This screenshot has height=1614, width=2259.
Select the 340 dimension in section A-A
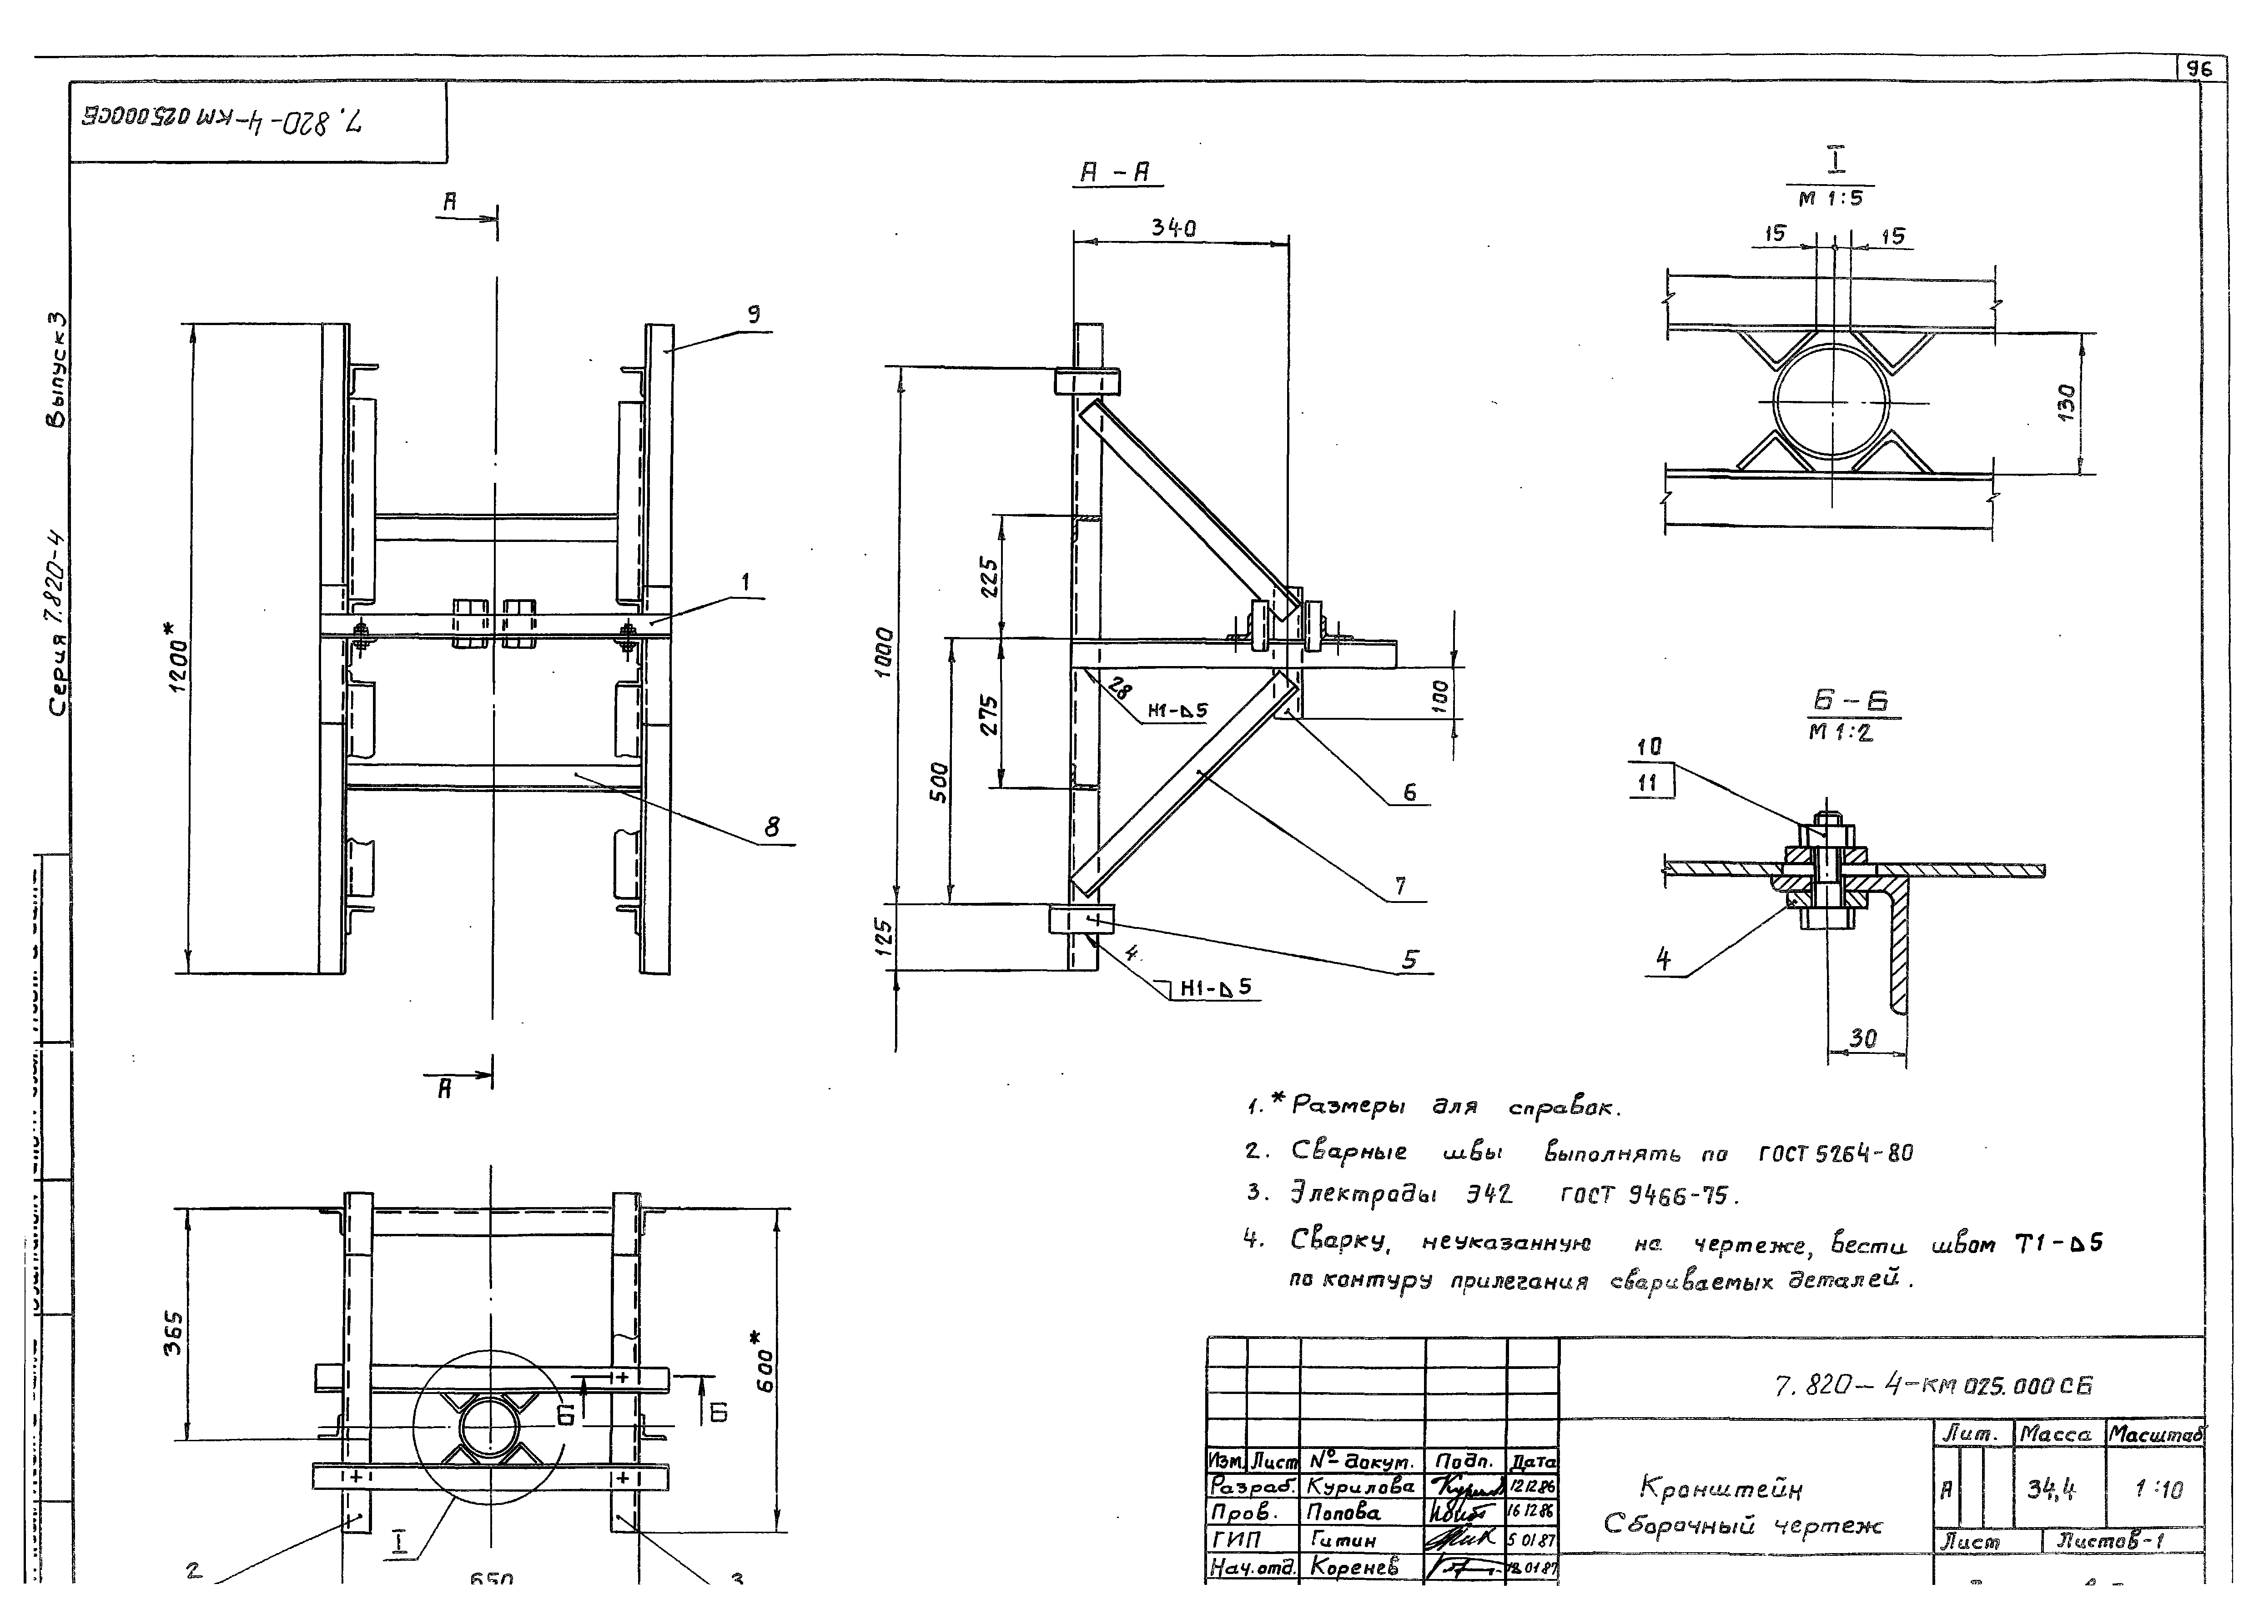[x=1173, y=228]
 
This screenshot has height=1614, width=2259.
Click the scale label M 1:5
[x=1831, y=199]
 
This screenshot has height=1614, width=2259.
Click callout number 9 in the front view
[x=755, y=314]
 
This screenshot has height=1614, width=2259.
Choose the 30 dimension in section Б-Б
[x=1862, y=1038]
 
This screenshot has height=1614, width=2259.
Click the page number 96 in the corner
[x=2200, y=70]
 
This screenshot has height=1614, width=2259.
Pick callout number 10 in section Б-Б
[x=1649, y=747]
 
